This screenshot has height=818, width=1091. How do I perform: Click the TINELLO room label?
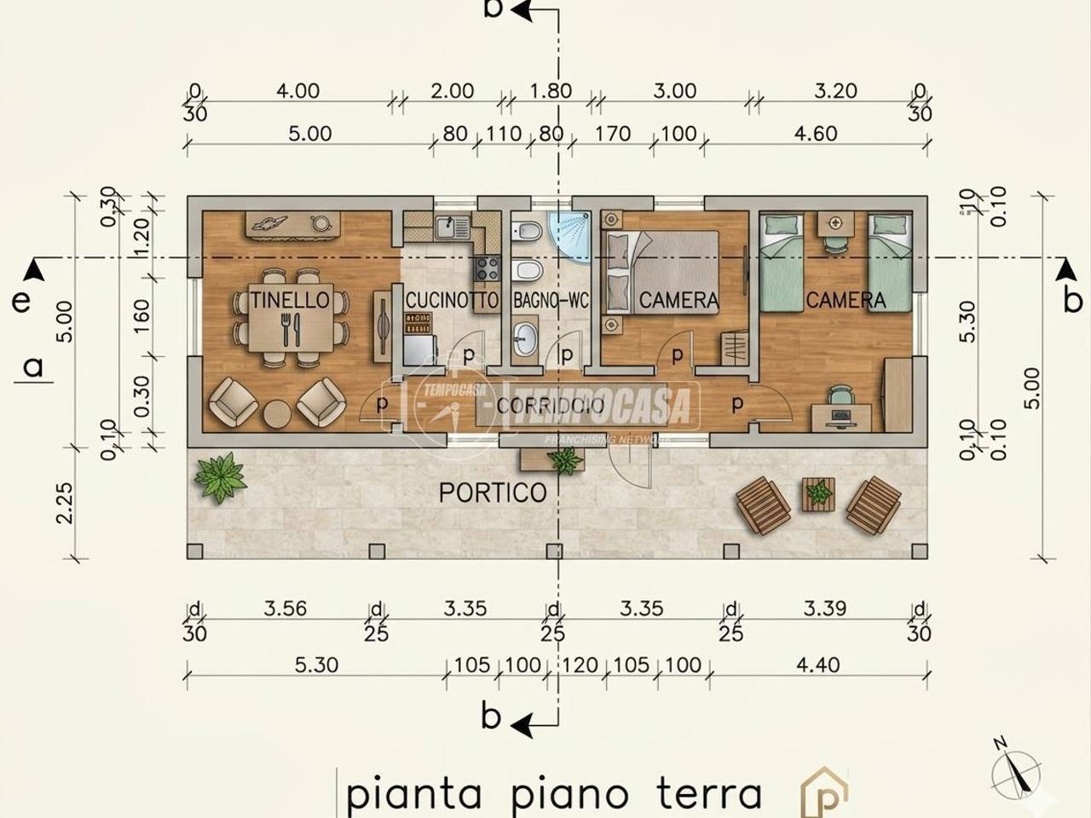point(290,300)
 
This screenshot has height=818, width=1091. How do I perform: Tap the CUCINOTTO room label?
point(452,301)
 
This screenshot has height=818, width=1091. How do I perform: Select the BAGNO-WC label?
point(551,301)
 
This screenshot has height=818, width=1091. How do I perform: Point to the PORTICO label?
point(493,493)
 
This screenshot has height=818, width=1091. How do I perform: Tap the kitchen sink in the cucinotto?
point(447,227)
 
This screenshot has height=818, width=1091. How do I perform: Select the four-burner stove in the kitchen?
point(488,269)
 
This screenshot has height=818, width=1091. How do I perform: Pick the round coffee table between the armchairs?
point(278,414)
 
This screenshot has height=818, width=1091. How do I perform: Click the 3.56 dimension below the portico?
point(285,608)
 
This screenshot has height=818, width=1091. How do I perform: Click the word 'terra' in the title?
point(709,792)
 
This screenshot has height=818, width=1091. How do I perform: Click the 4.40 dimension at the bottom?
point(819,665)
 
